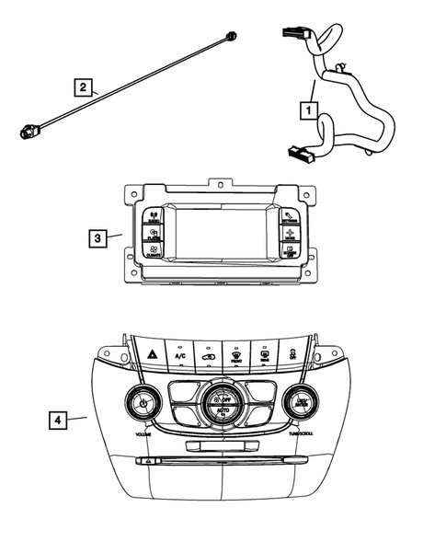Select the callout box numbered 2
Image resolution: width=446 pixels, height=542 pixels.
pyautogui.click(x=84, y=87)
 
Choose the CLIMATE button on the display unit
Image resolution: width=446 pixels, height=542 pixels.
pyautogui.click(x=154, y=250)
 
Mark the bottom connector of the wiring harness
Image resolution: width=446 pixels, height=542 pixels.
pyautogui.click(x=301, y=154)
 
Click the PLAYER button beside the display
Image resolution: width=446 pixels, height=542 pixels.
pyautogui.click(x=153, y=234)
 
